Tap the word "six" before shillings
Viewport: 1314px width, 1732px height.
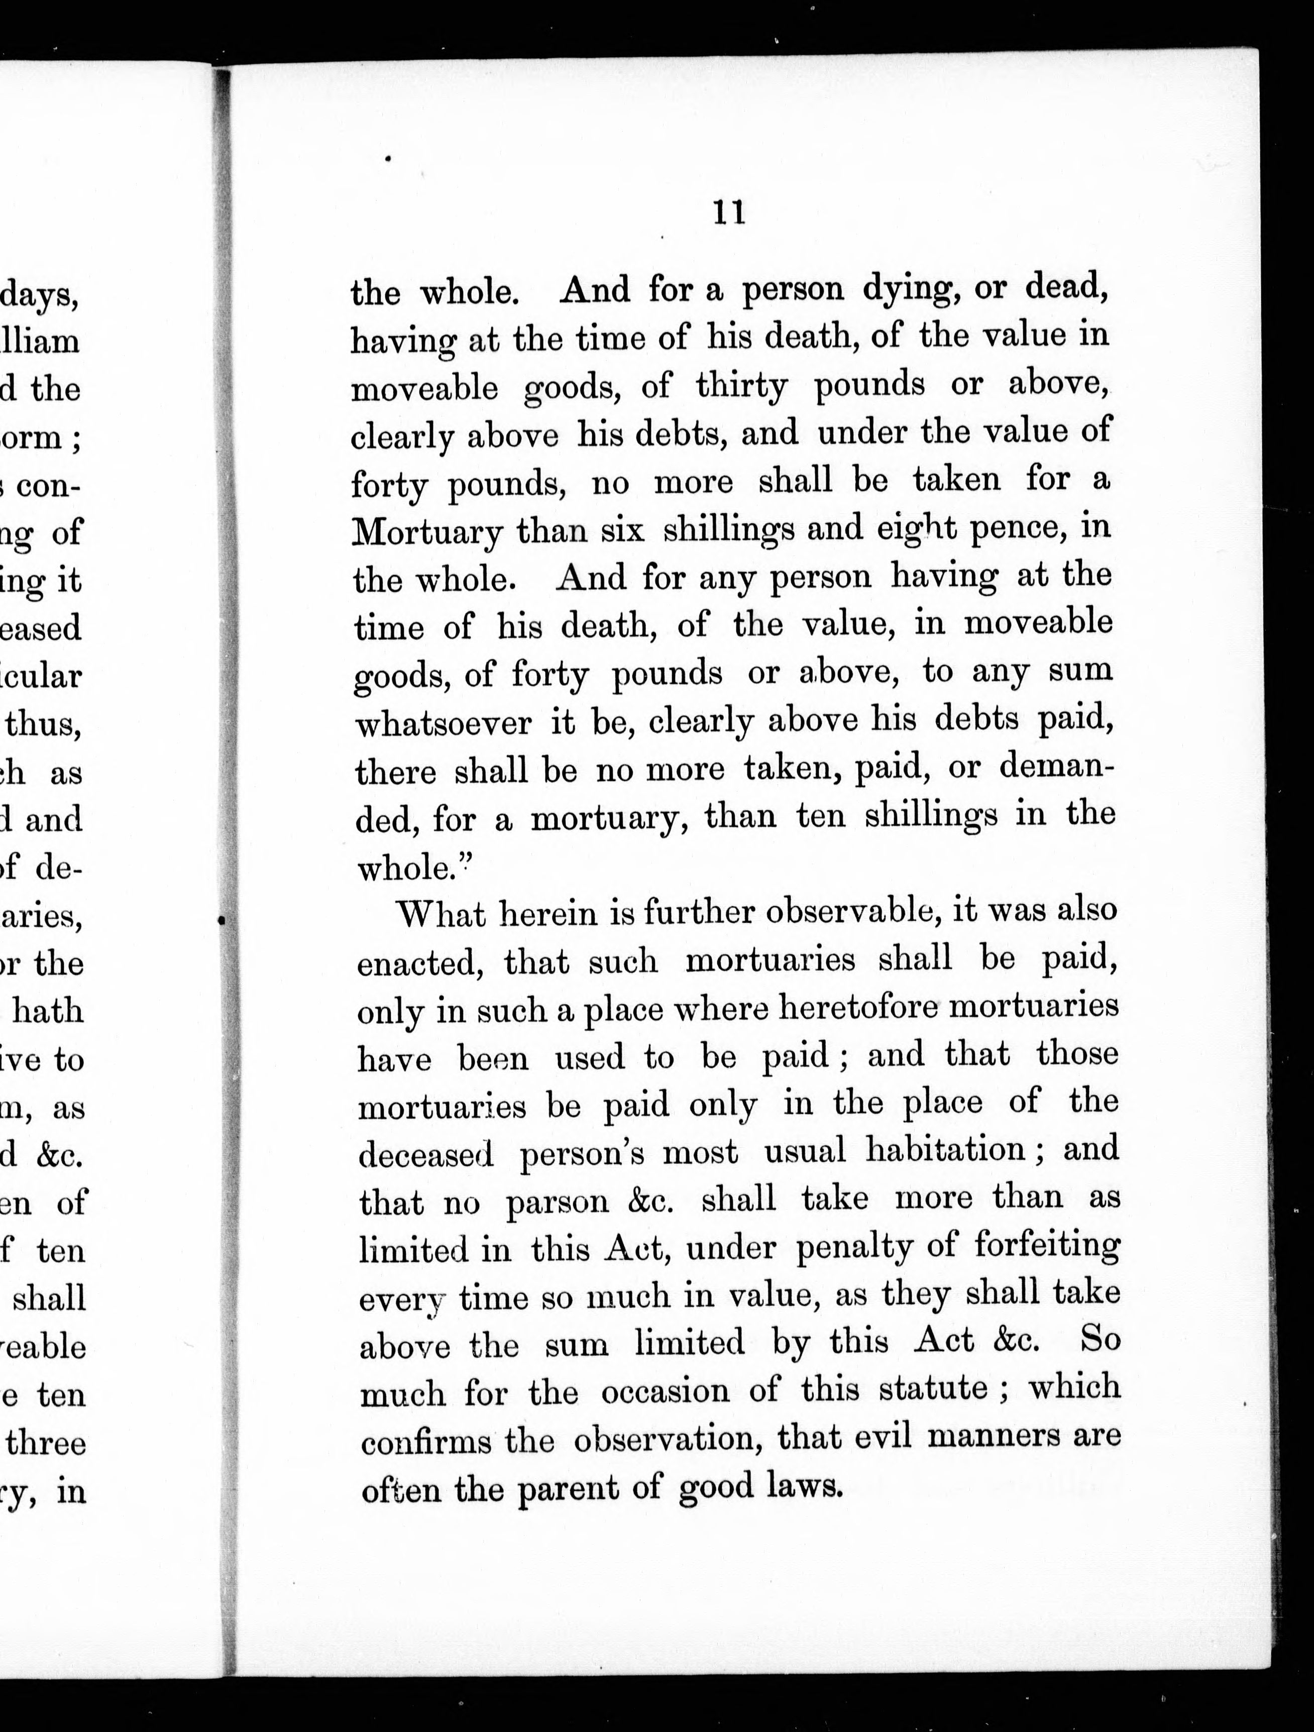pos(622,531)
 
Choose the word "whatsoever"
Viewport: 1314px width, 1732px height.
pos(443,723)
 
